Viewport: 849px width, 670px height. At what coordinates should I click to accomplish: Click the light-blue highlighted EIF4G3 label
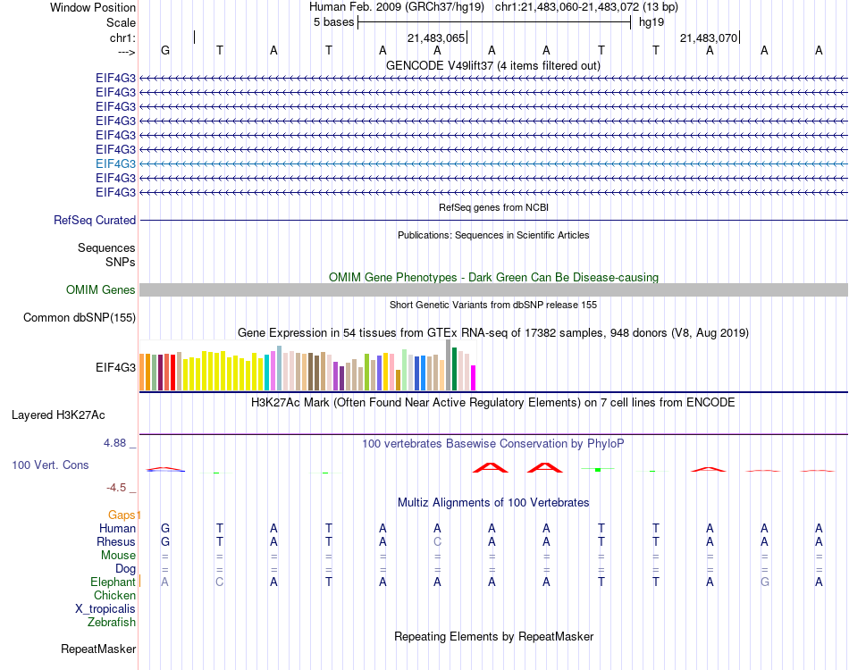click(x=115, y=163)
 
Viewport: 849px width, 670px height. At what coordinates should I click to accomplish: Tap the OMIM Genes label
click(x=100, y=289)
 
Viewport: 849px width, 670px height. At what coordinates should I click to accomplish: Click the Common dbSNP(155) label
click(x=80, y=317)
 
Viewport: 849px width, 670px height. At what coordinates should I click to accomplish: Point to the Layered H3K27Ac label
click(x=58, y=415)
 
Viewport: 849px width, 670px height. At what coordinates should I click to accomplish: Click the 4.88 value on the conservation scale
click(x=117, y=442)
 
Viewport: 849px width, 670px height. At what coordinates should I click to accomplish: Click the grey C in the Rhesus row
click(x=437, y=541)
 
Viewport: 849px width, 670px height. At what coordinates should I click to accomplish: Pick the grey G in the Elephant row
click(x=764, y=582)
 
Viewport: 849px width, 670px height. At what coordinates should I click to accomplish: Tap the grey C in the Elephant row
click(x=220, y=582)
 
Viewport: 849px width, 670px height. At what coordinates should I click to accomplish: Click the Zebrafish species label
click(x=112, y=622)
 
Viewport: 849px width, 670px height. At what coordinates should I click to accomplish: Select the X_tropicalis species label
click(x=105, y=608)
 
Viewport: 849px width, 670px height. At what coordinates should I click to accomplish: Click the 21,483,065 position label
click(x=436, y=38)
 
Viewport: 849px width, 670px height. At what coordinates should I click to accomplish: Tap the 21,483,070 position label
click(x=709, y=38)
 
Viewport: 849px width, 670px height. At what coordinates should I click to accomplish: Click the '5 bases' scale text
click(x=333, y=21)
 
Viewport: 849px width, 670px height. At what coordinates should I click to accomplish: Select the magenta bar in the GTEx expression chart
click(x=474, y=378)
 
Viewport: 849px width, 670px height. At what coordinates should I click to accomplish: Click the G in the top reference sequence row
click(x=165, y=50)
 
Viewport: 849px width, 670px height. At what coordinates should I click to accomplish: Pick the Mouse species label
click(x=118, y=555)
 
